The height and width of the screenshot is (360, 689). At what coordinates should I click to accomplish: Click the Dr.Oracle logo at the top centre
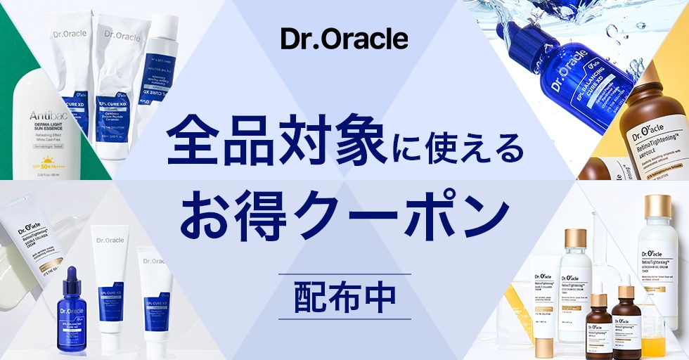point(344,39)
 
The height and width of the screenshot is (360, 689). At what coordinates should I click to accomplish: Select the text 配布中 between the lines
point(344,297)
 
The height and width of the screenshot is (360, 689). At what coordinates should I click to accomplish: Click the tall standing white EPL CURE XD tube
point(112,281)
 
